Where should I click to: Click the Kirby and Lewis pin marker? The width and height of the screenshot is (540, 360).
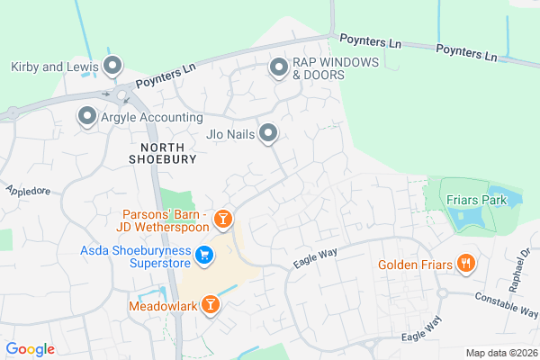[x=112, y=66]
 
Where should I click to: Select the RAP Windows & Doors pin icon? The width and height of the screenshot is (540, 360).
[x=279, y=67]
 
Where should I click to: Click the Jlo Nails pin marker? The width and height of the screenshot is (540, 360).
[x=268, y=134]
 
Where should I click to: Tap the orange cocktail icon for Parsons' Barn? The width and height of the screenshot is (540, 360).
[x=224, y=218]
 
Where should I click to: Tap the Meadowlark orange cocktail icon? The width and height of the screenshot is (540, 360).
[x=211, y=305]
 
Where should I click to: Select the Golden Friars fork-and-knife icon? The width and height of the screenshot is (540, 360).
[x=465, y=264]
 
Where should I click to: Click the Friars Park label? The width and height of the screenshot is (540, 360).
[x=478, y=199]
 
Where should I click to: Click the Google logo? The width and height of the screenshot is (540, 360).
[x=30, y=349]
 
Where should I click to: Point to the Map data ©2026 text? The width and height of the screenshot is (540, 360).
[x=500, y=353]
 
